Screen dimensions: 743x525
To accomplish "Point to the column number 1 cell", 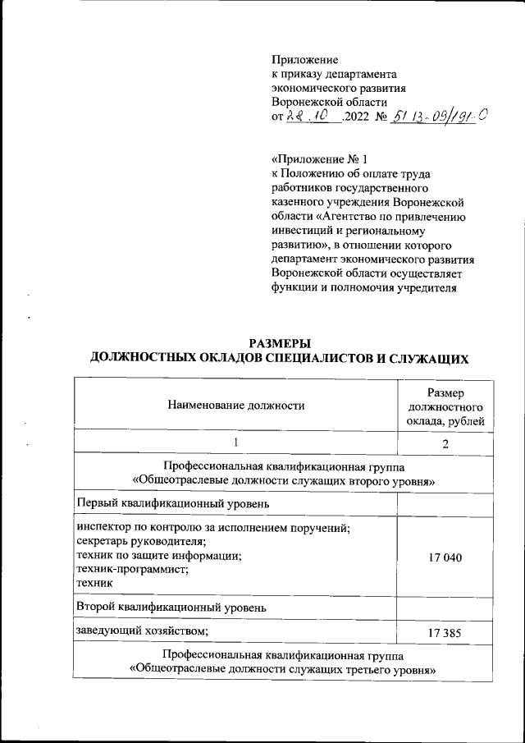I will pos(235,444).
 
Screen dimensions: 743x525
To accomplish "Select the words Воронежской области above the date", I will pos(329,102).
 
